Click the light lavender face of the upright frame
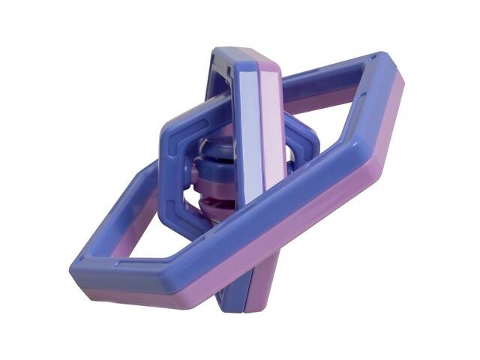pyautogui.click(x=247, y=127)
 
